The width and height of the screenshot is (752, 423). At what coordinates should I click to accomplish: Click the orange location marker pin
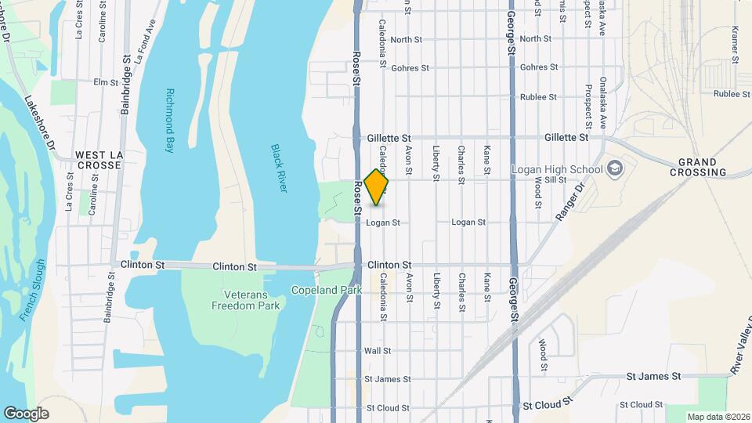[377, 187]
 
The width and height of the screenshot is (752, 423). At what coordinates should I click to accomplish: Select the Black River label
[279, 168]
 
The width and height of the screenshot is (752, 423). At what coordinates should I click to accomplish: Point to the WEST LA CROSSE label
[98, 160]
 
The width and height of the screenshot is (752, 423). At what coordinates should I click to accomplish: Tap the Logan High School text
[557, 169]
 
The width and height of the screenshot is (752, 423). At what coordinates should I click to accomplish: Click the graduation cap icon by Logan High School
[615, 168]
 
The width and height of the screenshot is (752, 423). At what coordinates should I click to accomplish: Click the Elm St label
[105, 81]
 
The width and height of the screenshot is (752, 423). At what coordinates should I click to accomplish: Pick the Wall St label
[378, 351]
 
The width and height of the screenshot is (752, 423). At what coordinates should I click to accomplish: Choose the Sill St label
[555, 180]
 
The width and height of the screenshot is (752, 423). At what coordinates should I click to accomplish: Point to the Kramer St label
[736, 44]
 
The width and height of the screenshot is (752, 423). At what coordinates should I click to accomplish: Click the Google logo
[26, 414]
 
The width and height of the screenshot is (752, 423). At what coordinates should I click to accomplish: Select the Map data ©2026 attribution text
[718, 417]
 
